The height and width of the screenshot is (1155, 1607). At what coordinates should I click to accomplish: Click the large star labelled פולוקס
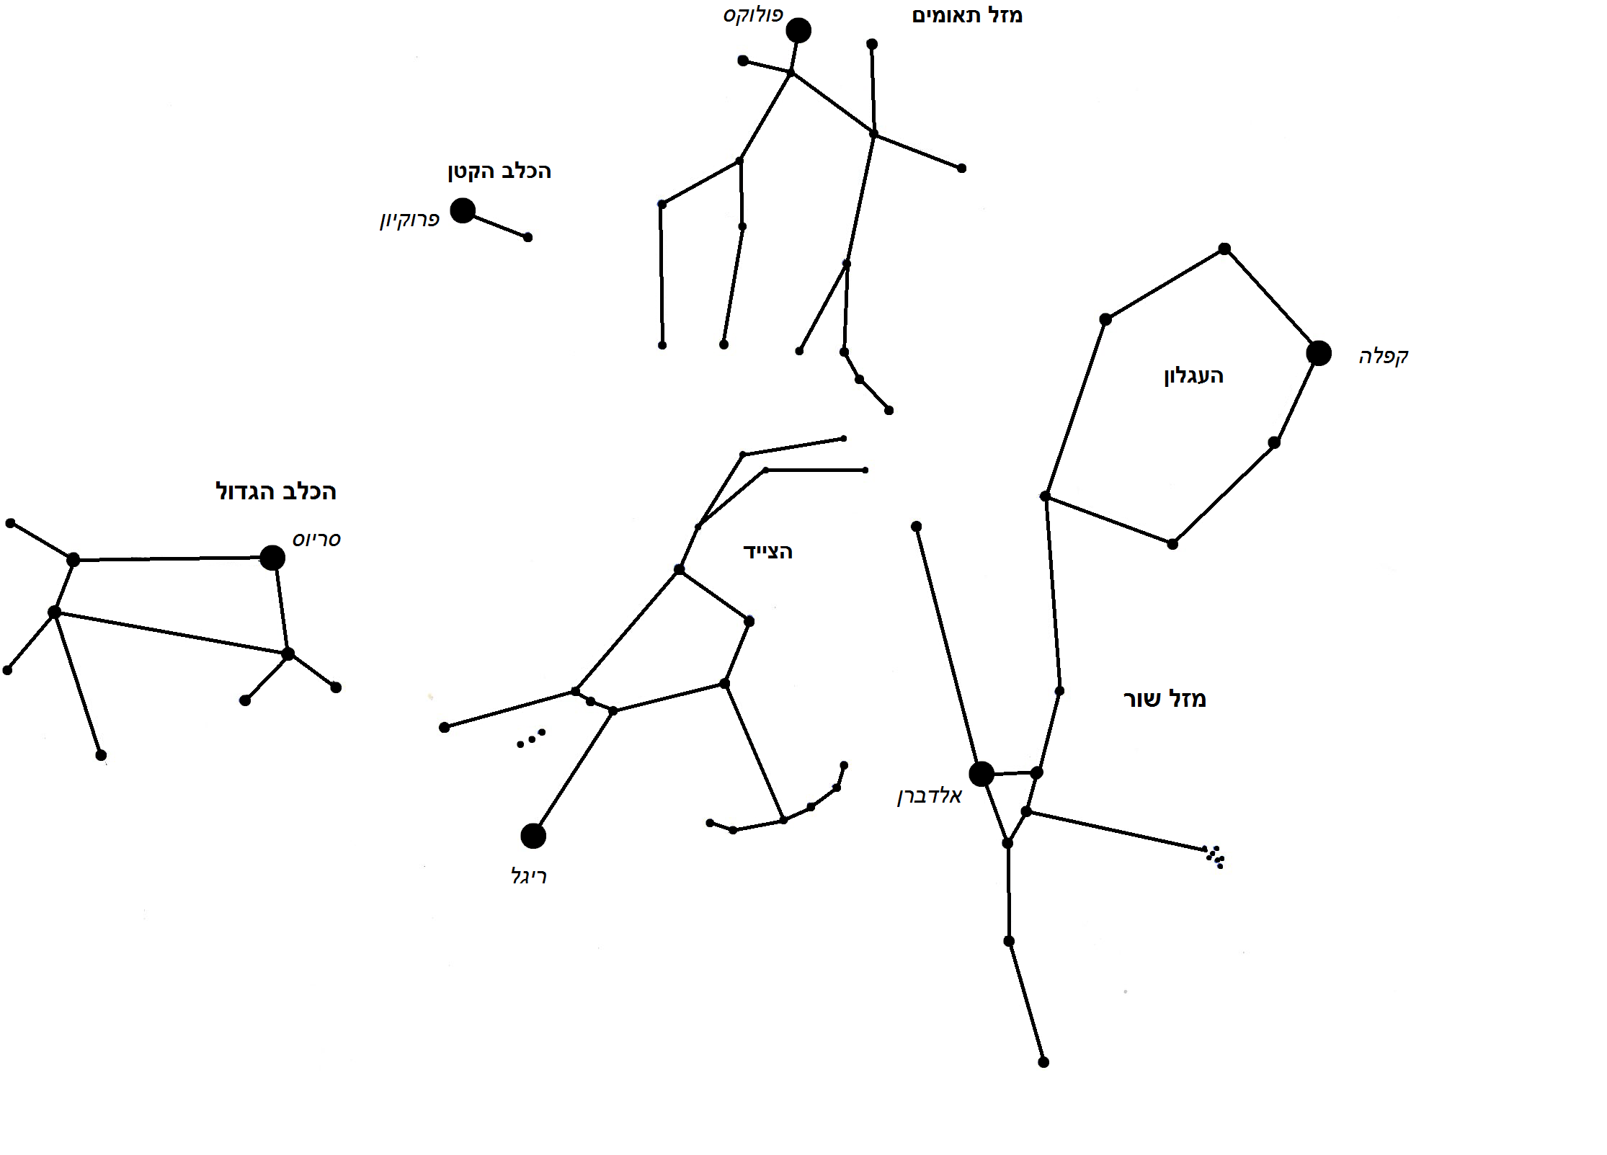coord(798,30)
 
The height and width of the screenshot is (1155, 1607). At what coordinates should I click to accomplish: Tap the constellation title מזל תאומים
coord(966,15)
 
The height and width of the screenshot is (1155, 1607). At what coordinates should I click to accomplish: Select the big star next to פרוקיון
coord(463,210)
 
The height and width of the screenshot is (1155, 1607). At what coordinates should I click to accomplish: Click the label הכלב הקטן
coord(499,171)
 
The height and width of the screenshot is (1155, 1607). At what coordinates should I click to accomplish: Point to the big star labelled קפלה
coord(1318,353)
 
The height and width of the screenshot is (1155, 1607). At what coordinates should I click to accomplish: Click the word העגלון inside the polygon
coord(1193,376)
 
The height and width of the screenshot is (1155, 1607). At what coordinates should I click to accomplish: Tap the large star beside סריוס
coord(272,557)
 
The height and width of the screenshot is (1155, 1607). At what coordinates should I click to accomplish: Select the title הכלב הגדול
coord(275,491)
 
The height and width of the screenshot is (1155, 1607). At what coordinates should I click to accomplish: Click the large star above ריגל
coord(533,836)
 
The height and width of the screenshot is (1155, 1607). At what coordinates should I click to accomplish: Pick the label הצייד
coord(767,552)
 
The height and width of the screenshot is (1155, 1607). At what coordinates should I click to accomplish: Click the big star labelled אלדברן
coord(981,774)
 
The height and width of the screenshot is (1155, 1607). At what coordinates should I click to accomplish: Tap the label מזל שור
coord(1165,698)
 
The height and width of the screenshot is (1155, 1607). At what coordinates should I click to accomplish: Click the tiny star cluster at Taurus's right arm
coord(1214,857)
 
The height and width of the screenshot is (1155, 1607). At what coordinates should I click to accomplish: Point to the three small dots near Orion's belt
coord(531,739)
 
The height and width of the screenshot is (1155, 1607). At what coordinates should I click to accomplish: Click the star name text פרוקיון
coord(409,220)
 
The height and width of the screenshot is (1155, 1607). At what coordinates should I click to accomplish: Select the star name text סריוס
coord(316,539)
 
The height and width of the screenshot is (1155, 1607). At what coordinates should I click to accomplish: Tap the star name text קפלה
coord(1383,356)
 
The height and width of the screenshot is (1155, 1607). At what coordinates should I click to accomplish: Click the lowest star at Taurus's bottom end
coord(1043,1062)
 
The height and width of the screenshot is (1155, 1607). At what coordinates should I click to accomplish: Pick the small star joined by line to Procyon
coord(527,237)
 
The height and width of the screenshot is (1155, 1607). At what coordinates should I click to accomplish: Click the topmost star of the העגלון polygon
coord(1224,249)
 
